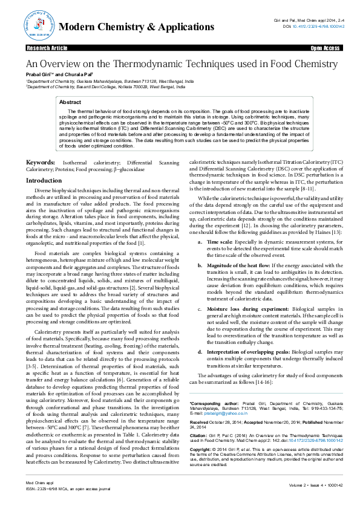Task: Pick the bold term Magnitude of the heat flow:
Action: pos(234,248)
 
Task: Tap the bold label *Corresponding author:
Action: pos(211,403)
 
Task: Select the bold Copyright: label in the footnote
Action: pos(202,450)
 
